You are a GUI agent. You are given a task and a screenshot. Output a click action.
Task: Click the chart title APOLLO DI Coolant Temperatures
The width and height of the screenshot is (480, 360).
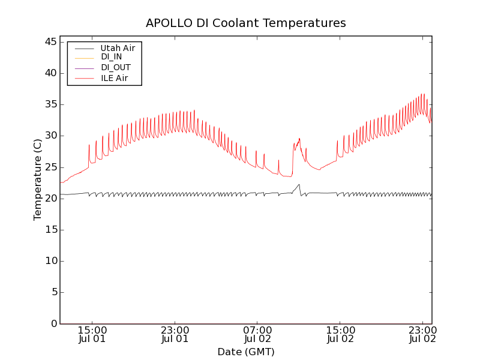pos(246,23)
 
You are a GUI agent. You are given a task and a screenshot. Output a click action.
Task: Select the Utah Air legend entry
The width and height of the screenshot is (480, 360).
pos(118,48)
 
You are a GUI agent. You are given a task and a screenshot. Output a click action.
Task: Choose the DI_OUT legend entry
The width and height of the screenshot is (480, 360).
pos(115,68)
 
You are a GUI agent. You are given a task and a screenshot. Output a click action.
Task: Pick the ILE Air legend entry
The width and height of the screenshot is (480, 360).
pos(114,78)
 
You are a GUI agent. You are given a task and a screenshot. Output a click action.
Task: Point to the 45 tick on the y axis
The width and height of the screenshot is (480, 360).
pos(51,42)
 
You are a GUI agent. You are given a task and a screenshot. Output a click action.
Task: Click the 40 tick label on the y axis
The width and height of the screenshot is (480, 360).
pos(51,73)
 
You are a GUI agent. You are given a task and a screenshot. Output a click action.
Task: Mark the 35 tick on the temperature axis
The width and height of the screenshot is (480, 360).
pos(51,104)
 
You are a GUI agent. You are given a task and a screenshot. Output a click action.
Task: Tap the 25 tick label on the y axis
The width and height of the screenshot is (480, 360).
pos(51,167)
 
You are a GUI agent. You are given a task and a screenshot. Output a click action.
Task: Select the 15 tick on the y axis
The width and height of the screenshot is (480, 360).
pos(51,230)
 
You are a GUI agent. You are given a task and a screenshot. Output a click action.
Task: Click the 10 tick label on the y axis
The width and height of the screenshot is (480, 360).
pos(51,261)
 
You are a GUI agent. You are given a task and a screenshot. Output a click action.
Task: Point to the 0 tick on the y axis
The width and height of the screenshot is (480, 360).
pos(54,323)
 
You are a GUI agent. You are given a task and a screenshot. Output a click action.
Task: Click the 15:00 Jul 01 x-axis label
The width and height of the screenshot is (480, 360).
pos(92,335)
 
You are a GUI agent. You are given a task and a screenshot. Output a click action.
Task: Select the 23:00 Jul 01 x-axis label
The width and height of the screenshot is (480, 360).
pos(175,335)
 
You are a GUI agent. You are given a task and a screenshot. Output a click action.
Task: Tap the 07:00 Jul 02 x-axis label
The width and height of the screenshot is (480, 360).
pos(257,335)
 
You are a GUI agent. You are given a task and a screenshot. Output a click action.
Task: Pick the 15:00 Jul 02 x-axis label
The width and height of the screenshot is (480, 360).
pos(340,335)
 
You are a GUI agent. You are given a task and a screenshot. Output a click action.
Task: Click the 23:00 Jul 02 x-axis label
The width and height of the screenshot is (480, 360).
pos(422,335)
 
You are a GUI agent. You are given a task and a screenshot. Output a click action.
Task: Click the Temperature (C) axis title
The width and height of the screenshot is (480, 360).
pos(38,179)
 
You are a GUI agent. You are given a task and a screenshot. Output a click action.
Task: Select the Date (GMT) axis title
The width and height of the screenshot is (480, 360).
pos(246,352)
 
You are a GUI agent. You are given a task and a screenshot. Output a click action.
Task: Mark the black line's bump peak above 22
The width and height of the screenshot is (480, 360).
pos(299,184)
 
